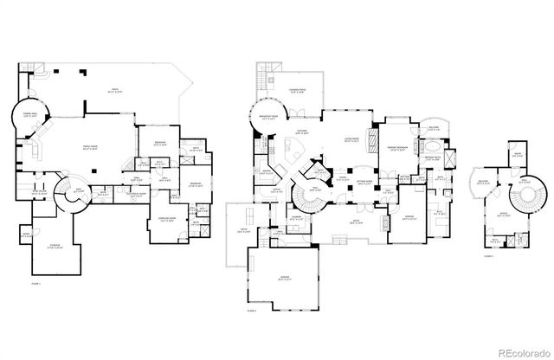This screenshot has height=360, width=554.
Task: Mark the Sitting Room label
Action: point(364,183)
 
